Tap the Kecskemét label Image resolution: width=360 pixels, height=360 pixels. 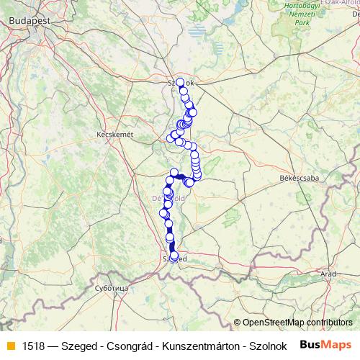[115, 135]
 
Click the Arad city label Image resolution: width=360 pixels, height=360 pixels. [329, 274]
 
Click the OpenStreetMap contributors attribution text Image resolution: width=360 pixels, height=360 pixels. [297, 323]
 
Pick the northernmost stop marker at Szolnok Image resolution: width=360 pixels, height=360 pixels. [180, 82]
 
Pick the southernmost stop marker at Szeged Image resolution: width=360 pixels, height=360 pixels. [174, 256]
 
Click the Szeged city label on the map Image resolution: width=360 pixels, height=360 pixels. [175, 258]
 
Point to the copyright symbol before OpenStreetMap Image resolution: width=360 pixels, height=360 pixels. [238, 323]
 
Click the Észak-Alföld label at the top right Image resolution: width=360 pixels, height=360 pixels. [341, 3]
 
